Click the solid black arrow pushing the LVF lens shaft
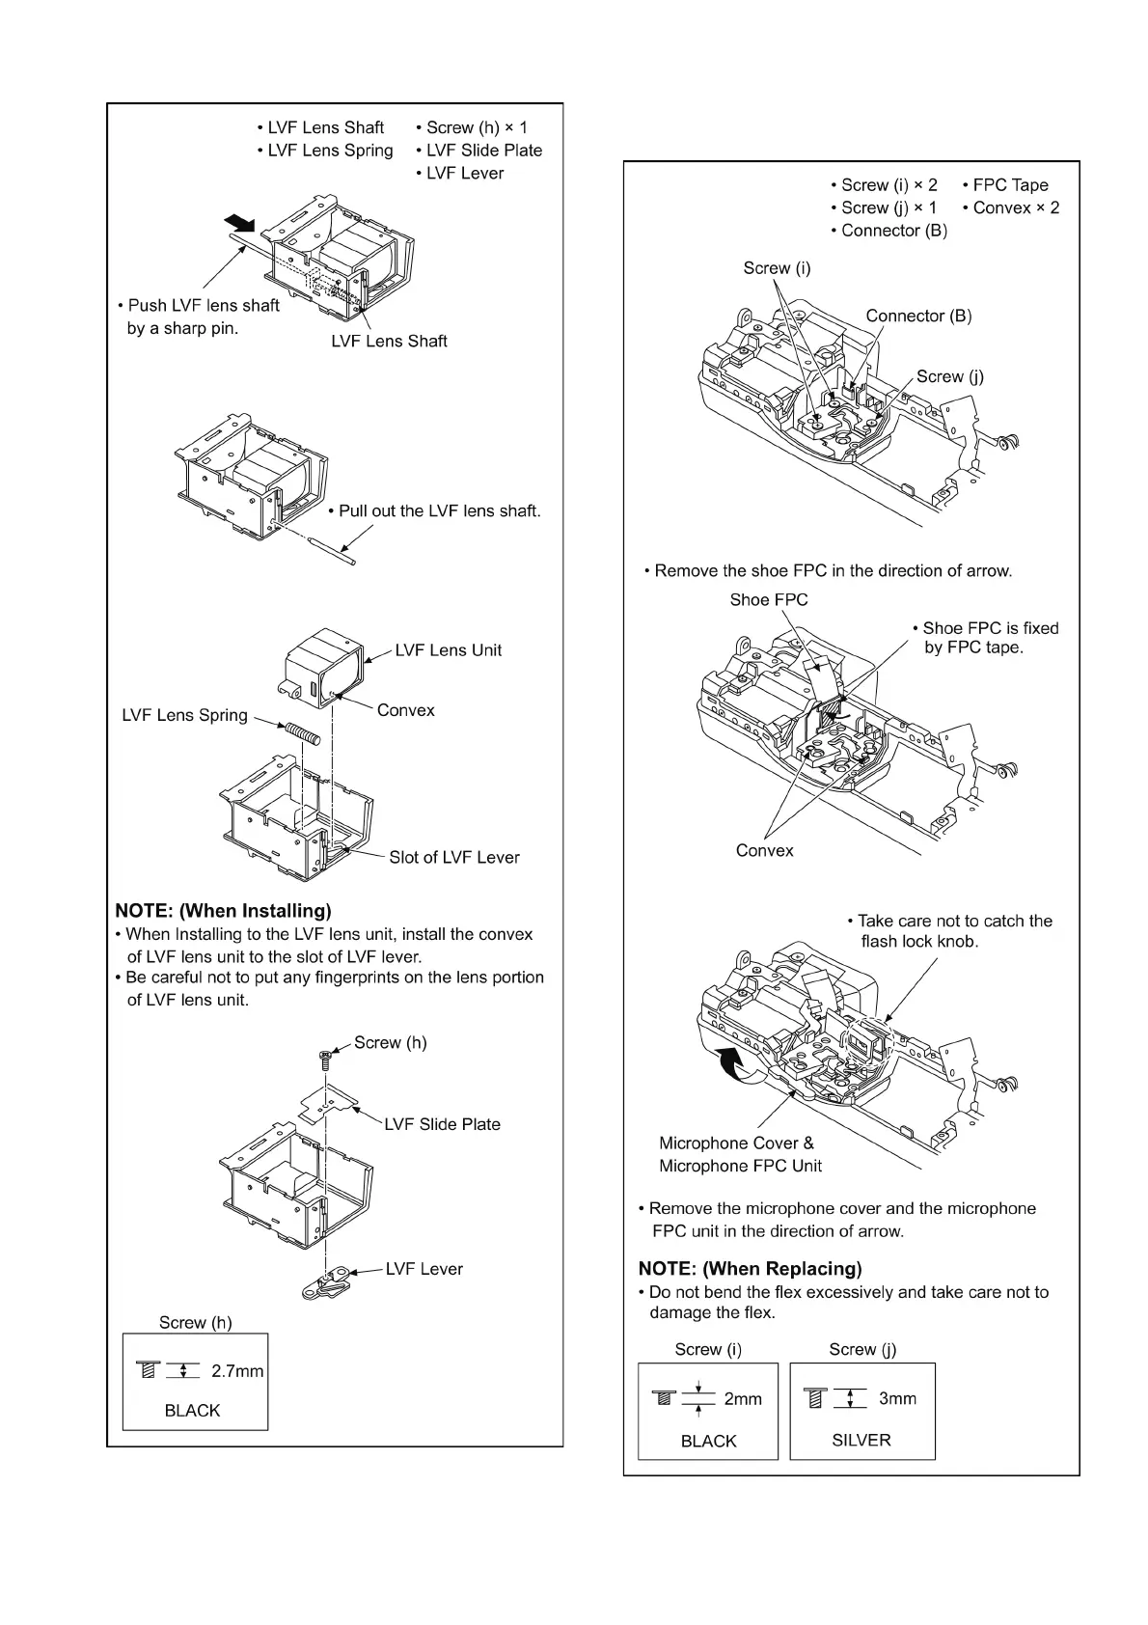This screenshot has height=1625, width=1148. pos(239,223)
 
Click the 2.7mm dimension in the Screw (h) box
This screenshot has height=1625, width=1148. pos(236,1371)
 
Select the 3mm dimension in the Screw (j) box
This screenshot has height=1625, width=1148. pos(897,1398)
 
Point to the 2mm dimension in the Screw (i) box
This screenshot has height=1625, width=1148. pos(743,1399)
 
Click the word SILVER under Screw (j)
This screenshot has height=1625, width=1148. pos(861,1440)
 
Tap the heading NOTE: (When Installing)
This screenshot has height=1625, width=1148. pos(223,911)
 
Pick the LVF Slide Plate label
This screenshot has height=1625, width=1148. pos(442,1124)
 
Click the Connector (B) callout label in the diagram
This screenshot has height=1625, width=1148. pos(918,316)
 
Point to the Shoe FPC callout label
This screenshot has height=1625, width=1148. pos(769,600)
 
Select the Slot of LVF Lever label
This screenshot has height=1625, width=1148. pos(453,857)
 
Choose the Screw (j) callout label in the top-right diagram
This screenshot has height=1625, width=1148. pos(950,376)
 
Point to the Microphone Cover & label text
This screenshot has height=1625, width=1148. pos(736,1143)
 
